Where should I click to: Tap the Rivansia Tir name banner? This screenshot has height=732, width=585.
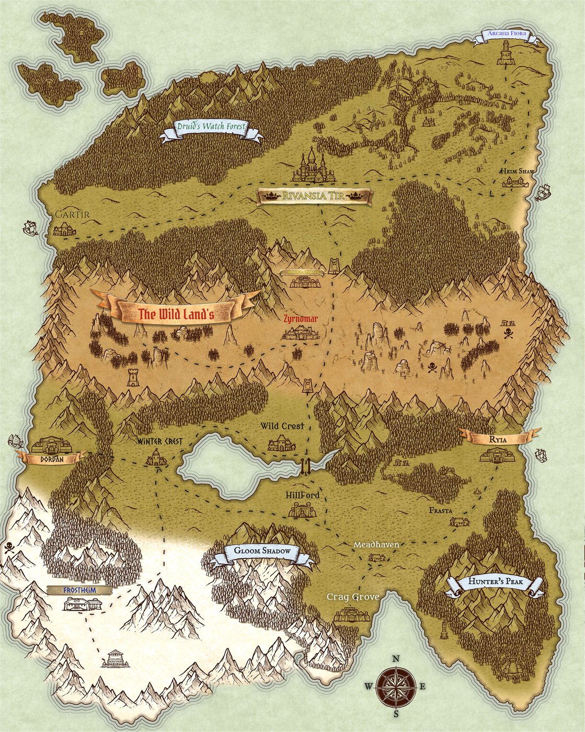[314, 197]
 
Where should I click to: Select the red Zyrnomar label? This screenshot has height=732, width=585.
[301, 318]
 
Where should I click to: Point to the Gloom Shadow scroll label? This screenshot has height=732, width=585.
[262, 552]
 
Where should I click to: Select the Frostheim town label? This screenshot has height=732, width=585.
[79, 590]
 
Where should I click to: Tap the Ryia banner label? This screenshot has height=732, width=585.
[498, 438]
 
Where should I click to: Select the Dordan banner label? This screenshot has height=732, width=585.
[52, 459]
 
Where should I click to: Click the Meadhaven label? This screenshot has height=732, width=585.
[376, 545]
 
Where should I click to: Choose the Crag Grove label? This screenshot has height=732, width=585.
[353, 597]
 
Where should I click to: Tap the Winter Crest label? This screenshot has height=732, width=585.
[160, 441]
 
